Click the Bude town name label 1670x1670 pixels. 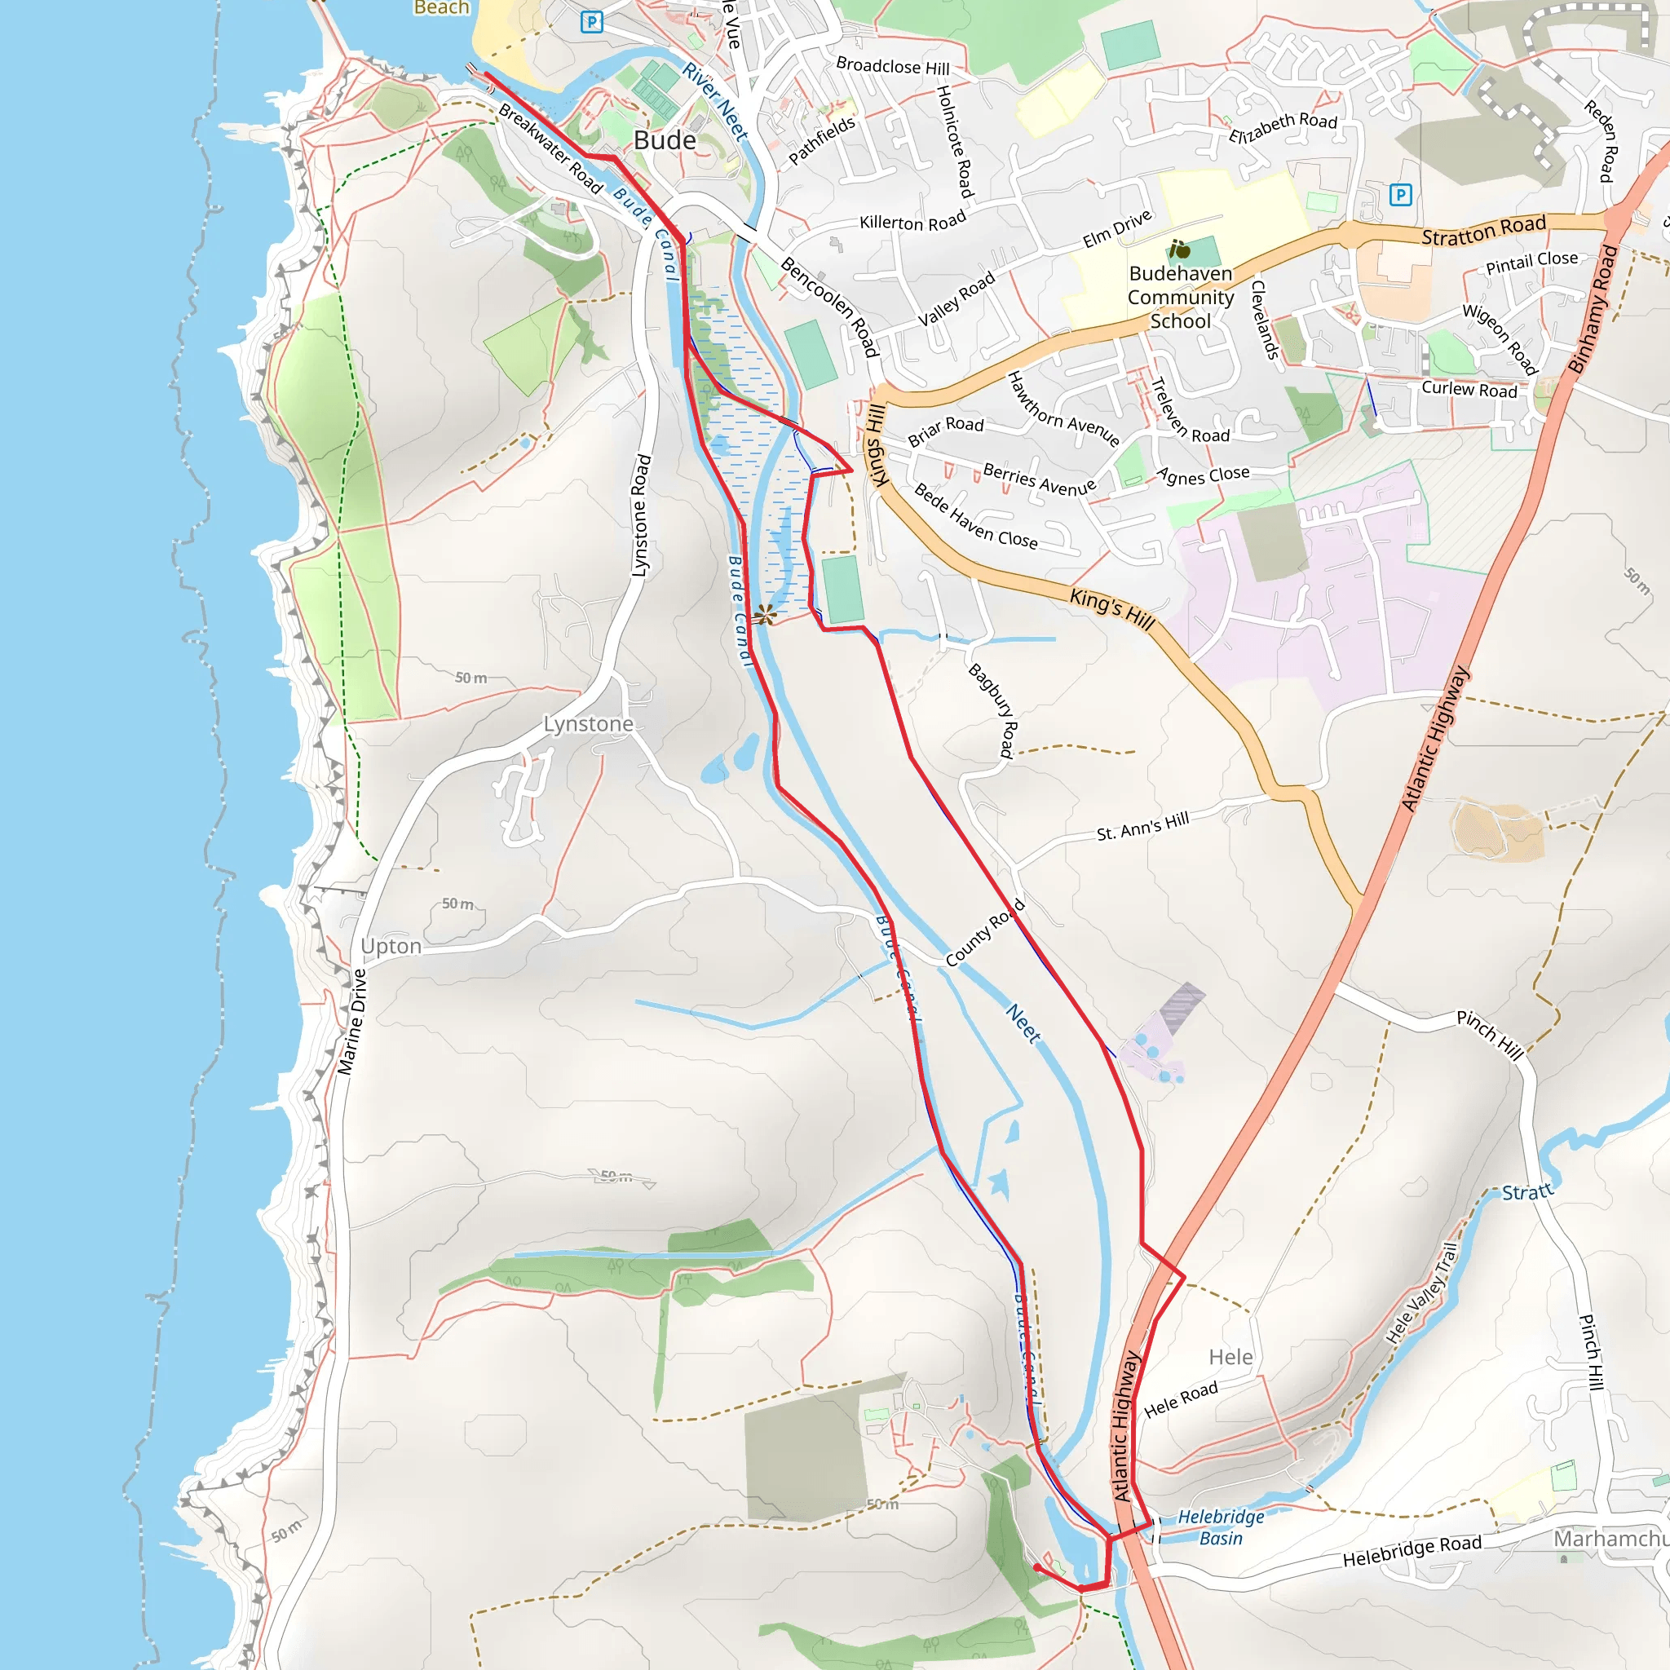[x=664, y=140]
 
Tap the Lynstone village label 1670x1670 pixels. [x=588, y=723]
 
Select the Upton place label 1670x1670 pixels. [x=391, y=946]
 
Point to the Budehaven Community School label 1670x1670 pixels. [x=1180, y=298]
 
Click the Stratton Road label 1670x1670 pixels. [x=1483, y=230]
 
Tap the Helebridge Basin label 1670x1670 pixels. [x=1221, y=1526]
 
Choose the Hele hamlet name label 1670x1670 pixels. [x=1230, y=1357]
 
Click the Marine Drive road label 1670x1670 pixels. [x=351, y=1022]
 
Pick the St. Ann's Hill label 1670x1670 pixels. [x=1142, y=826]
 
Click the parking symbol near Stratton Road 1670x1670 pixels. [x=1400, y=195]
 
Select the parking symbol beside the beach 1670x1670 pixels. [x=591, y=22]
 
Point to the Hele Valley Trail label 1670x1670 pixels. [x=1422, y=1293]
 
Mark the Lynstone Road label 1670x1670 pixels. [x=639, y=515]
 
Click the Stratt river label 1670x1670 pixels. [x=1526, y=1193]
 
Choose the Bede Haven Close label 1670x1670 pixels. [x=975, y=517]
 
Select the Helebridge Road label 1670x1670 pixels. [x=1412, y=1551]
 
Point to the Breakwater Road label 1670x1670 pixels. [x=550, y=148]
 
